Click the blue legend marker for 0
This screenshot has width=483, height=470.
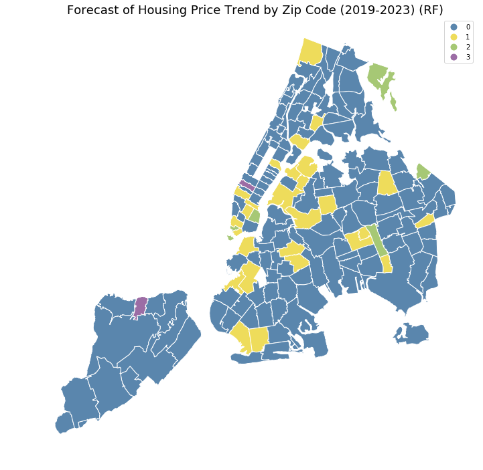coord(454,27)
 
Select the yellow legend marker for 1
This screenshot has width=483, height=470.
coord(454,37)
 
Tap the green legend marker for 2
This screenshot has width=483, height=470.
coord(454,47)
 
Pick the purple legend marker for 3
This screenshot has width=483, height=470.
coord(454,57)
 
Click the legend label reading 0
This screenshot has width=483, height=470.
coord(468,27)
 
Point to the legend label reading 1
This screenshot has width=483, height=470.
coord(468,37)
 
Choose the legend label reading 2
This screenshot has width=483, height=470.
coord(468,47)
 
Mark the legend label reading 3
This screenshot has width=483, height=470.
coord(468,57)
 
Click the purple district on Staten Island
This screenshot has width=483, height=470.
coord(141,307)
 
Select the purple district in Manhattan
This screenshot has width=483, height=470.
coord(247,185)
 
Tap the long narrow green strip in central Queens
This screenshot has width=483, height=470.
coord(376,241)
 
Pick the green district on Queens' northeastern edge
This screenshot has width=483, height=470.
coord(423,172)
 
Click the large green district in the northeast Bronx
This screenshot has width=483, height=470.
coord(377,74)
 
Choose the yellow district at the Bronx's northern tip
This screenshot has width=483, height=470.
coord(311,51)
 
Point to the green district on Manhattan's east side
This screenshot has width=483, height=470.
coord(255,216)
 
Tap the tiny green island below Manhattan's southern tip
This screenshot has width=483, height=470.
coord(230,237)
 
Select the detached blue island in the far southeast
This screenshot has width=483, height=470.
coord(411,334)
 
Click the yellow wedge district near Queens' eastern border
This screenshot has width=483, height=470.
coord(425,221)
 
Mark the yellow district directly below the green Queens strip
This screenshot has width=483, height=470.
coord(387,264)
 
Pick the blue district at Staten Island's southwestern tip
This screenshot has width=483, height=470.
coord(64,423)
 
